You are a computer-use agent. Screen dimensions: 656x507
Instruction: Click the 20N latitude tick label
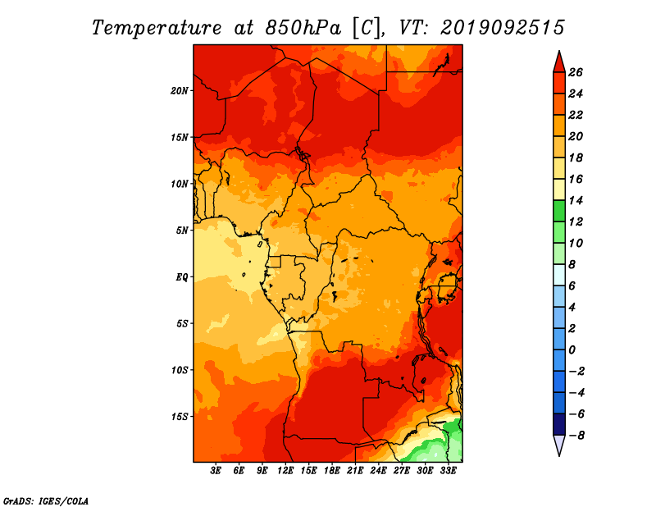(180, 91)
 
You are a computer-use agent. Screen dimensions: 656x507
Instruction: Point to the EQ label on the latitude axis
(182, 277)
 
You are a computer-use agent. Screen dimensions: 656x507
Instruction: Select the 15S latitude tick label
(180, 417)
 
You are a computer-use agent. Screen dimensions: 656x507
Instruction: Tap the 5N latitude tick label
(182, 231)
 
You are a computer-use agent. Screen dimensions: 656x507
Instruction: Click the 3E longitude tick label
(216, 471)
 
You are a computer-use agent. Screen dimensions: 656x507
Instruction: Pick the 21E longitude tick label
(355, 471)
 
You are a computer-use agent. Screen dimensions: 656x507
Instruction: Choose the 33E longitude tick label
(448, 471)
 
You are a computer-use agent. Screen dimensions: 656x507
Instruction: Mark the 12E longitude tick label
(285, 471)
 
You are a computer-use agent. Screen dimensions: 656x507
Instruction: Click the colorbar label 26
(576, 72)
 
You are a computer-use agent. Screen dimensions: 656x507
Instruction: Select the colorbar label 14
(576, 200)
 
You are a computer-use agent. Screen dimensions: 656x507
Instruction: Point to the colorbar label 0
(572, 350)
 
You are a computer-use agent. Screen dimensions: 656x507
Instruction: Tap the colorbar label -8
(576, 436)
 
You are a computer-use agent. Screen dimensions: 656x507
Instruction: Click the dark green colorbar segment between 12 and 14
(559, 211)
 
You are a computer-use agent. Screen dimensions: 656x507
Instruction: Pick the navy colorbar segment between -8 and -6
(559, 424)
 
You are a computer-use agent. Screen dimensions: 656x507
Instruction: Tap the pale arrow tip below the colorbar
(559, 455)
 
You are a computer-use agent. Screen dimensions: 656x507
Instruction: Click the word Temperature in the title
(157, 28)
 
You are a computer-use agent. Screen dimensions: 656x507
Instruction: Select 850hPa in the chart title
(303, 28)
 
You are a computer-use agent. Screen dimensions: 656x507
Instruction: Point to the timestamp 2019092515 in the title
(502, 28)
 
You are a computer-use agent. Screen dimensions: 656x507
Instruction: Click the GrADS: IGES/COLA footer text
(46, 501)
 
